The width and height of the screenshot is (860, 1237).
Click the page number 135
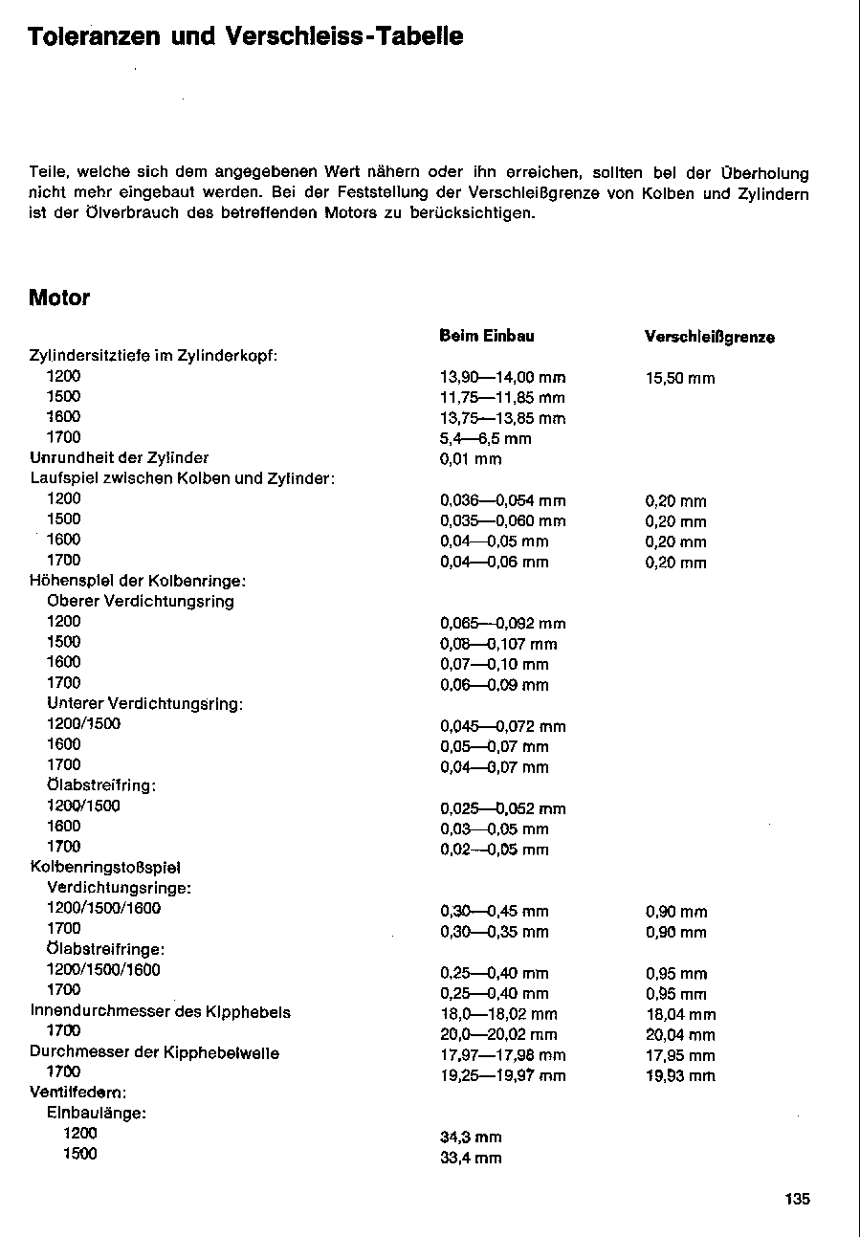[798, 1199]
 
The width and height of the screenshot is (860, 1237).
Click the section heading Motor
[59, 298]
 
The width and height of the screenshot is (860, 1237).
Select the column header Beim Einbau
[487, 336]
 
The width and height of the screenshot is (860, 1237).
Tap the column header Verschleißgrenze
[710, 337]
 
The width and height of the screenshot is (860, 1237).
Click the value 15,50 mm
[680, 378]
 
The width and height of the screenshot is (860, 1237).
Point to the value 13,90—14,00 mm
[502, 378]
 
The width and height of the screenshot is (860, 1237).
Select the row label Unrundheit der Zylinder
[120, 457]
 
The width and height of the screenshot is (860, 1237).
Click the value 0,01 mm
[471, 459]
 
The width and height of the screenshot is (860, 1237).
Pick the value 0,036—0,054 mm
[502, 500]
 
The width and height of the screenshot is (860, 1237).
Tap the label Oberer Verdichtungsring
[141, 601]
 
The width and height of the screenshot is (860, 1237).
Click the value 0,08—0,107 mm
[498, 644]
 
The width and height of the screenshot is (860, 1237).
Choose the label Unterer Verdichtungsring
[144, 703]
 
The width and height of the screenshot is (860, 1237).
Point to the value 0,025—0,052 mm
[502, 808]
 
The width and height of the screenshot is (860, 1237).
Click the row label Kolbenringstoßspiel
[106, 867]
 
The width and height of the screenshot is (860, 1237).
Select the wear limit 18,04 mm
[680, 1014]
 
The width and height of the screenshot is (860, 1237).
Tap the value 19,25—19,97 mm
[502, 1075]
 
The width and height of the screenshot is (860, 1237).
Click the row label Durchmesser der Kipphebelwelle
[155, 1052]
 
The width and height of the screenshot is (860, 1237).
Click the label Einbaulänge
[96, 1113]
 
